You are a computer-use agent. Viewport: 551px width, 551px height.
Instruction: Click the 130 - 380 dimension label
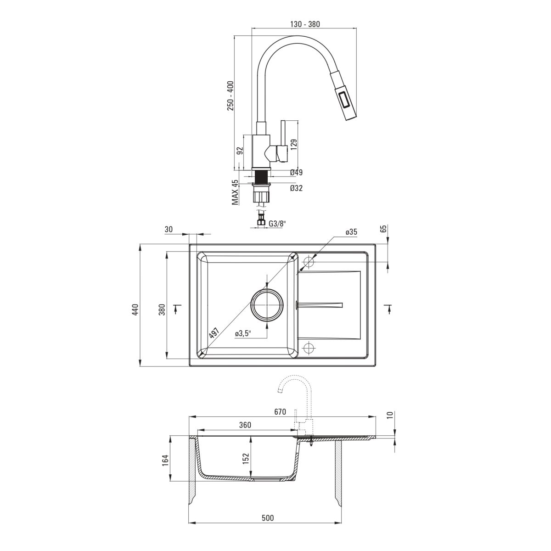(x=305, y=25)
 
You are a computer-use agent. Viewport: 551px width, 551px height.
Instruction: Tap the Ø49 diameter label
(x=296, y=172)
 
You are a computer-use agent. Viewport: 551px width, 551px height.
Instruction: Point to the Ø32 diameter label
(x=296, y=188)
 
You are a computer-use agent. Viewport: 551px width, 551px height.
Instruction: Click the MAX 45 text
(x=235, y=192)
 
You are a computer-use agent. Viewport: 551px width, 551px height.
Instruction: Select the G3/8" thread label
(x=277, y=224)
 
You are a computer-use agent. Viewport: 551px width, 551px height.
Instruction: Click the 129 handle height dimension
(x=294, y=144)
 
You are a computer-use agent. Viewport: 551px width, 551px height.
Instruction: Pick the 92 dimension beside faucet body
(x=240, y=151)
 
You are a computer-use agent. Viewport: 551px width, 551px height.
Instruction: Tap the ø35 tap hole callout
(x=351, y=232)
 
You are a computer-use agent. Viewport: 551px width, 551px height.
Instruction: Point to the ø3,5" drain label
(x=243, y=333)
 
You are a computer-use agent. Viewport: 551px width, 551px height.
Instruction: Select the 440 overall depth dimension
(x=135, y=309)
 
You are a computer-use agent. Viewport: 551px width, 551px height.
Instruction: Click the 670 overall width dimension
(x=280, y=412)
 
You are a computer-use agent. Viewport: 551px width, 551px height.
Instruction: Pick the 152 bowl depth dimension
(x=246, y=460)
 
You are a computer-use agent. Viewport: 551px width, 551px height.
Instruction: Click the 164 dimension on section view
(x=166, y=461)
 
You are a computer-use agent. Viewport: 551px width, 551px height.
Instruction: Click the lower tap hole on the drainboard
(x=308, y=348)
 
